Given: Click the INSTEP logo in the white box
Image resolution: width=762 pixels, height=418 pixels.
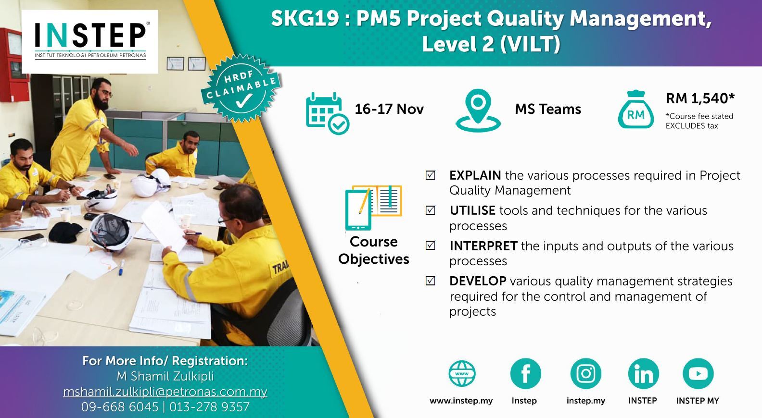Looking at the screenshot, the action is (x=90, y=41).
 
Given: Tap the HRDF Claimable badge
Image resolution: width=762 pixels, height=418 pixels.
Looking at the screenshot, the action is (x=241, y=88).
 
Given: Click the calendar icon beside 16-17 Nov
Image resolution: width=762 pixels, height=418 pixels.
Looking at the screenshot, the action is (x=327, y=113).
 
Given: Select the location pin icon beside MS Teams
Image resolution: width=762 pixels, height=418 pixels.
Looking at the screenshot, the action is (x=478, y=111).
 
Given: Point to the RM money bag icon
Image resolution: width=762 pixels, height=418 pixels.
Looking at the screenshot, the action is (x=636, y=110).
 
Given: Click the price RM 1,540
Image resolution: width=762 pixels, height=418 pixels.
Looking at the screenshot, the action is (x=700, y=98).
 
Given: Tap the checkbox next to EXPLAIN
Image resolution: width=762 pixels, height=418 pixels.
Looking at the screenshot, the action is (x=431, y=175).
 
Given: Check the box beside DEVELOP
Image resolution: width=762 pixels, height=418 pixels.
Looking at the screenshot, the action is (x=431, y=281).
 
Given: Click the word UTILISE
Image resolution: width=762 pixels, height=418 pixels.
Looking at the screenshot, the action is (x=472, y=210).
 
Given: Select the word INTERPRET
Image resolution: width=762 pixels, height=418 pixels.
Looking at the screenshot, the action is (x=483, y=246).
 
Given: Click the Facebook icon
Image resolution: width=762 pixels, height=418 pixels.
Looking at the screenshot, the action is (x=526, y=373).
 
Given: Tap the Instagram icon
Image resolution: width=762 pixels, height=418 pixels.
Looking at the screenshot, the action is (x=586, y=373).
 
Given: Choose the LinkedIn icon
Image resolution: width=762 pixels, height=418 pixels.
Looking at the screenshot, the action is (x=643, y=373).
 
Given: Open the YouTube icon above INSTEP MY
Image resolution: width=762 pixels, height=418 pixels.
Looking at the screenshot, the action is (x=698, y=373).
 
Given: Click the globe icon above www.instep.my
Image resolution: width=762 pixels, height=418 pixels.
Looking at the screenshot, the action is (x=462, y=373).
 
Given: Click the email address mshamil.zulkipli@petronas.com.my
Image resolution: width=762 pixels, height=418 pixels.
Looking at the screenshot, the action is (x=165, y=392).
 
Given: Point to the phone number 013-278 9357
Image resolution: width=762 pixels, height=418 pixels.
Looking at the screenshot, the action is (x=210, y=407).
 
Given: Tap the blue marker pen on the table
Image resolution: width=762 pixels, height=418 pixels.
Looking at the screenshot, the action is (x=121, y=268).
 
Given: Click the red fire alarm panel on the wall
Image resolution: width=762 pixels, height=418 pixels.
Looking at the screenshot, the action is (x=13, y=64).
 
